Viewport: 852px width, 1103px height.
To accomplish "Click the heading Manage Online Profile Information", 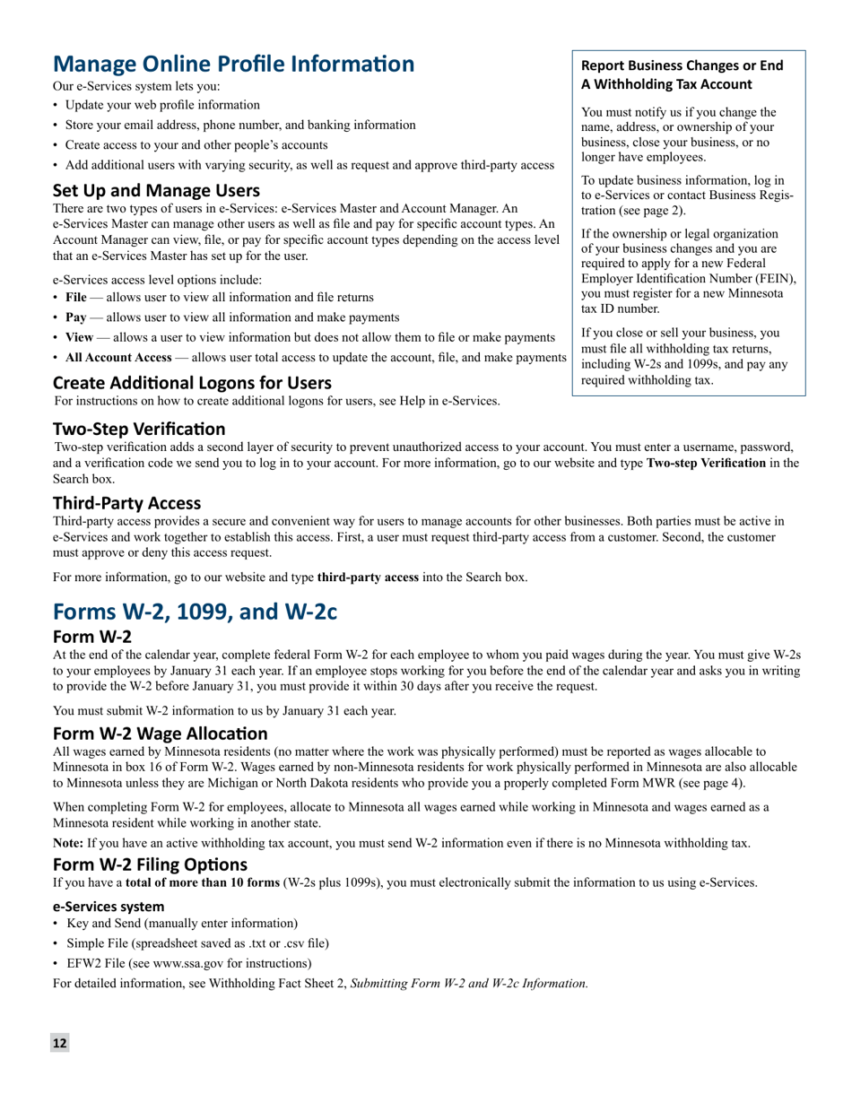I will click(233, 65).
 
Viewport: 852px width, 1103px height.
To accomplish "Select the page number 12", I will click(59, 1043).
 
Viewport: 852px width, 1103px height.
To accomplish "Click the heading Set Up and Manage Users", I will click(156, 190).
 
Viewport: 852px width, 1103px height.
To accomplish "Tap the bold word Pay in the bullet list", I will click(75, 317).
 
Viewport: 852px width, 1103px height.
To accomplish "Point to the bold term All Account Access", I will click(118, 357).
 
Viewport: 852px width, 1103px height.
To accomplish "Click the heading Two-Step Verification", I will click(139, 429).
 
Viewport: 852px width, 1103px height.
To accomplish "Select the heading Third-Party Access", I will click(126, 503).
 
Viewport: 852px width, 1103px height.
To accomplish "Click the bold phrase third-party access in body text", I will click(368, 578).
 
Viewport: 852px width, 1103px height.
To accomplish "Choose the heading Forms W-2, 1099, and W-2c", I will click(195, 612).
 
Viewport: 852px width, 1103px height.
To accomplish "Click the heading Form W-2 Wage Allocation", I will click(160, 734).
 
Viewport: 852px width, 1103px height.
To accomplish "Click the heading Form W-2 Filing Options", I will click(150, 864).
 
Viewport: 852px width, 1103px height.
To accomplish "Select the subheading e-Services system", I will click(109, 907).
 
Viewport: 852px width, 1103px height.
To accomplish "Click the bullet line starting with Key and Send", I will click(182, 924).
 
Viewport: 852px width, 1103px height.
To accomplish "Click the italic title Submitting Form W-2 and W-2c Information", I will click(468, 984).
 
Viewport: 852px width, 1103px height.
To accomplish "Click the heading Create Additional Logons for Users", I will click(192, 383).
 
